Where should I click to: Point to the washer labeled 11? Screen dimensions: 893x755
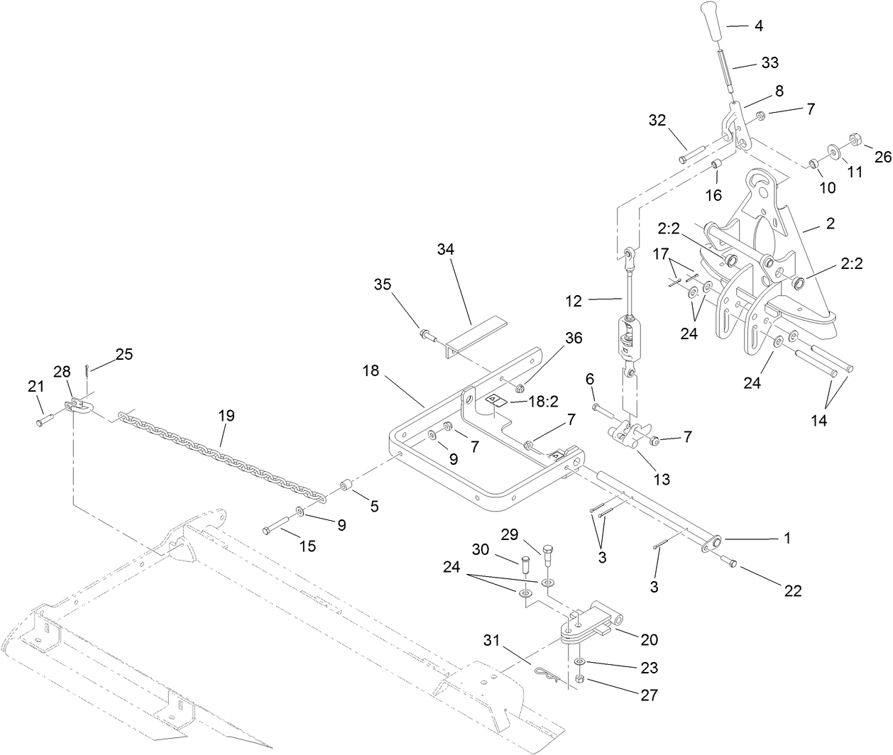[833, 152]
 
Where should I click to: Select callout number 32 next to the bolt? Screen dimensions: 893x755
[657, 120]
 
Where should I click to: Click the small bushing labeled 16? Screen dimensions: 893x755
[717, 165]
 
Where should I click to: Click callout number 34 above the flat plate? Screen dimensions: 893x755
[445, 249]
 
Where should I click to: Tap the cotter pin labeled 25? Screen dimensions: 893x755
[86, 370]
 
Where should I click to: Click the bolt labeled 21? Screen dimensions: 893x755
[41, 422]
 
